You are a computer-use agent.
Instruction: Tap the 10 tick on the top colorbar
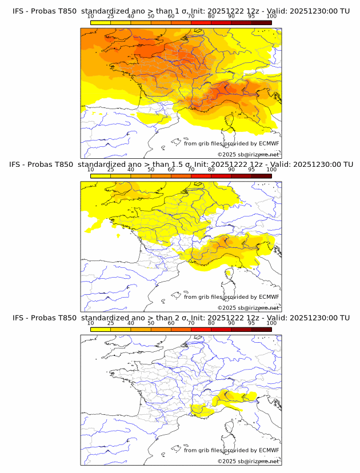(90, 17)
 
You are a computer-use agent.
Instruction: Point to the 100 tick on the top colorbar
(271, 17)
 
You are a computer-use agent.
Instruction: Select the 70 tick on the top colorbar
(191, 17)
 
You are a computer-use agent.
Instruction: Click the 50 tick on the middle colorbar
(151, 170)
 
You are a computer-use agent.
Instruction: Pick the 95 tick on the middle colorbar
(251, 170)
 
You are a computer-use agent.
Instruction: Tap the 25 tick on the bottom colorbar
(110, 323)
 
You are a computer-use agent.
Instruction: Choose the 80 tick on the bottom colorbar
(211, 323)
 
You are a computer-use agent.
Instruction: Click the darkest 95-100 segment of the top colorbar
(261, 23)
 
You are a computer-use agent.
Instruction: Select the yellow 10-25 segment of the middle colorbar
(101, 176)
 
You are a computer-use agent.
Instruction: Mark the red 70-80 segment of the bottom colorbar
(201, 330)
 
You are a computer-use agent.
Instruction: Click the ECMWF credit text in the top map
(231, 143)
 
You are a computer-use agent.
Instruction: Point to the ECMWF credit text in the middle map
(231, 296)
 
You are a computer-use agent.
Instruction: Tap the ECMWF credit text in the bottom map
(231, 450)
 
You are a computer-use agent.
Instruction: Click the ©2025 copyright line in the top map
(248, 154)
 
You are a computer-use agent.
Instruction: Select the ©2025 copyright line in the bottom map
(248, 461)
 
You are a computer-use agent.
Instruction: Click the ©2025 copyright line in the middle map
(248, 307)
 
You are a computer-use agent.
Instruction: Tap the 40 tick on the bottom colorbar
(131, 323)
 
